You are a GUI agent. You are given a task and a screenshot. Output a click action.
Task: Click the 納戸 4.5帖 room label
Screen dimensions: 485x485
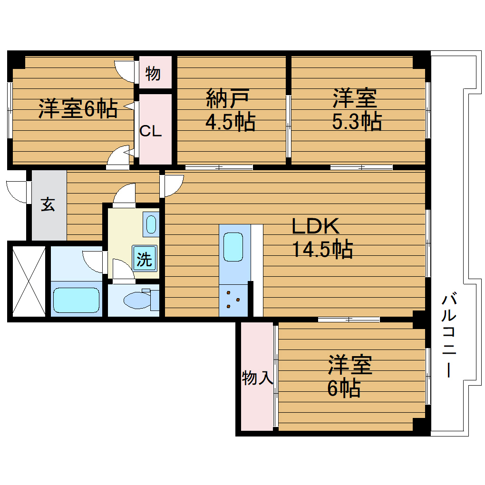pyautogui.click(x=231, y=110)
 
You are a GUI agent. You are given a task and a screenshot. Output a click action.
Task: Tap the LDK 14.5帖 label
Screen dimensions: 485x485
pyautogui.click(x=322, y=238)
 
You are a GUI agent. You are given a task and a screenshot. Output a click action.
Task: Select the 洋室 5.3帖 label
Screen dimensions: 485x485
pyautogui.click(x=357, y=109)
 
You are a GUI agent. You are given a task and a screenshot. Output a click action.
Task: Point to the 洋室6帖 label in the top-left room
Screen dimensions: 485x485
pyautogui.click(x=78, y=108)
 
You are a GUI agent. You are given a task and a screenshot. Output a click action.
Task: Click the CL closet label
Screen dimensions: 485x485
pyautogui.click(x=151, y=131)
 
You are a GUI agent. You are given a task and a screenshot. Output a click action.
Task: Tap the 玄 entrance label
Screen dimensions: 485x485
pyautogui.click(x=48, y=204)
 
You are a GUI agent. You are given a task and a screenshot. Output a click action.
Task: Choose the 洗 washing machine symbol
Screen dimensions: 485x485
pyautogui.click(x=145, y=258)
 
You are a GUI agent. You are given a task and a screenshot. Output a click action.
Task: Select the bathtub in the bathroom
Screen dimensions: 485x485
pyautogui.click(x=76, y=300)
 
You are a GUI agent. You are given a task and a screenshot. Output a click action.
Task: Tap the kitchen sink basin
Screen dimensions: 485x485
pyautogui.click(x=233, y=247)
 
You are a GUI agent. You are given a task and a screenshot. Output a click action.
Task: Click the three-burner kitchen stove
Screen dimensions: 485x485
pyautogui.click(x=233, y=300)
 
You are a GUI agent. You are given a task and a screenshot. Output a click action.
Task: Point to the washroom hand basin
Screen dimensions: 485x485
pyautogui.click(x=151, y=224)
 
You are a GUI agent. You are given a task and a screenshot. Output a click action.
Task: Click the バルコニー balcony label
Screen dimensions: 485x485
pyautogui.click(x=448, y=334)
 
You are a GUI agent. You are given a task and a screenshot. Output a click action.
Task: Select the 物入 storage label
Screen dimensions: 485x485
pyautogui.click(x=257, y=378)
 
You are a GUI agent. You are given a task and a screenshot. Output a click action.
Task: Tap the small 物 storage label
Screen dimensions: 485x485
pyautogui.click(x=153, y=74)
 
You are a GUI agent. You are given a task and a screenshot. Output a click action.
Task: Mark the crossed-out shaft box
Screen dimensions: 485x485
pyautogui.click(x=29, y=281)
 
